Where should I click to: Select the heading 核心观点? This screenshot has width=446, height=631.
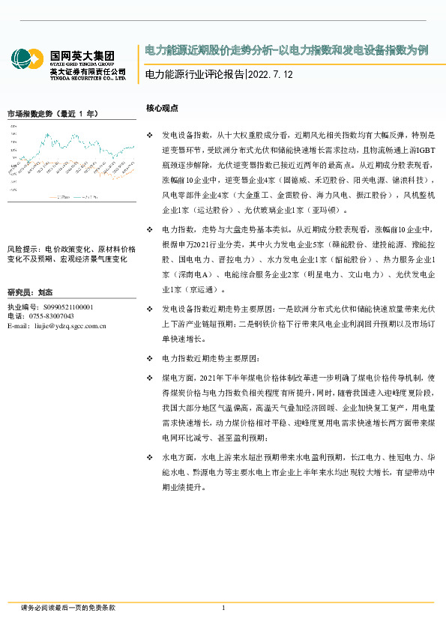coord(162,109)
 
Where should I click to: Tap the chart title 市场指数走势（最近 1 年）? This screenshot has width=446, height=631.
coord(52,114)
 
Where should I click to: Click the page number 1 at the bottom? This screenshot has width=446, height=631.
coord(223,607)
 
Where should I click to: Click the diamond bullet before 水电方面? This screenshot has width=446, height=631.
coord(149,456)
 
